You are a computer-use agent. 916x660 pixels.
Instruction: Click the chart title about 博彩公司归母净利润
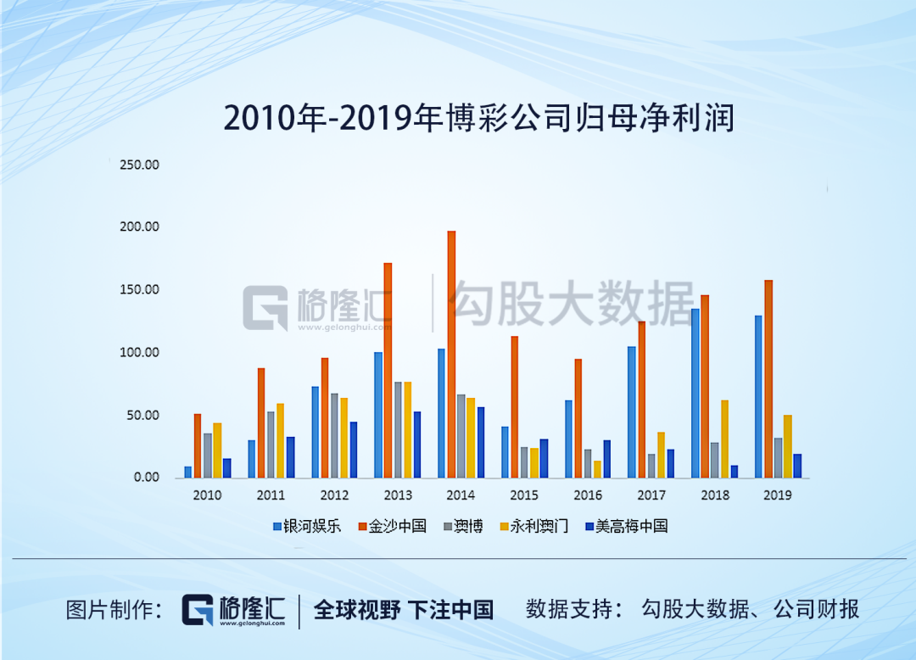pos(478,118)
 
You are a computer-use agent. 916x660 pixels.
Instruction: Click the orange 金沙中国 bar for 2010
pos(198,445)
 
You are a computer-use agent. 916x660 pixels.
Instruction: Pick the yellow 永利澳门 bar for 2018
pos(724,439)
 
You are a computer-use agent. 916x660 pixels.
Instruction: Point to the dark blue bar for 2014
pos(480,442)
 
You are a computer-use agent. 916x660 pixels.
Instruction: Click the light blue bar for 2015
pos(505,451)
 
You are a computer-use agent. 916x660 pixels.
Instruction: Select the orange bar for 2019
pos(768,378)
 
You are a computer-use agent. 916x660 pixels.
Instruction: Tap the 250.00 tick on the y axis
pos(140,165)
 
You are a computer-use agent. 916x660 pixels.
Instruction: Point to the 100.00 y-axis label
pos(140,353)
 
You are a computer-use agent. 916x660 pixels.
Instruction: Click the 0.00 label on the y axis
pos(146,478)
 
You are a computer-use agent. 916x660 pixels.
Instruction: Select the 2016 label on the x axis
pos(588,495)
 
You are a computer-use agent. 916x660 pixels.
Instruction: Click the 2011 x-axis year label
pos(271,495)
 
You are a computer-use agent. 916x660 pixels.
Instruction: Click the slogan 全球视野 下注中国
pos(404,609)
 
